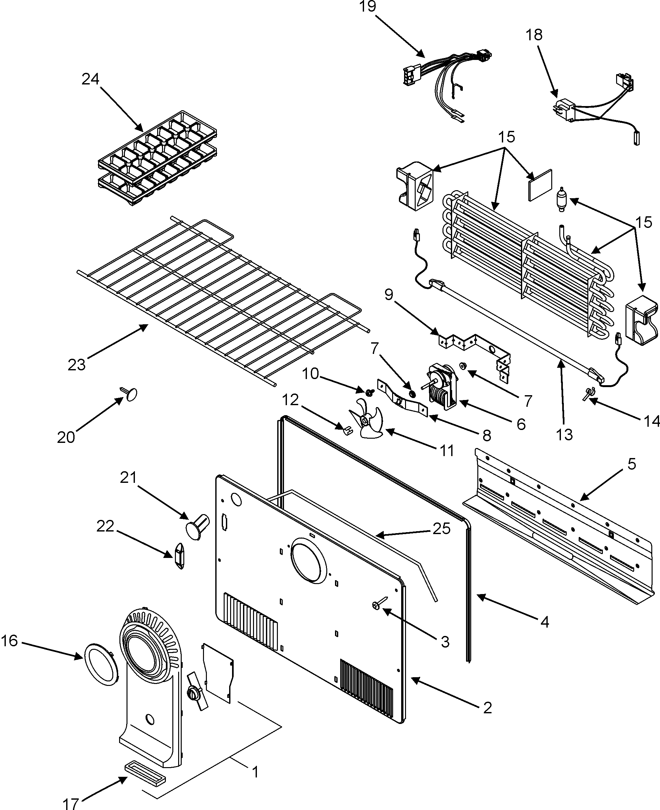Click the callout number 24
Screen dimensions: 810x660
coord(90,79)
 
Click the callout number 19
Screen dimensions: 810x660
coord(368,7)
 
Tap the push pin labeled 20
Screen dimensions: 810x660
coord(130,394)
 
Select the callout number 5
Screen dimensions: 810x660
coord(632,464)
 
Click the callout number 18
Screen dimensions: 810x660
coord(534,35)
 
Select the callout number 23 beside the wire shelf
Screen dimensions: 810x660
coord(76,365)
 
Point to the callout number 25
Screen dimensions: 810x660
coord(442,529)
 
